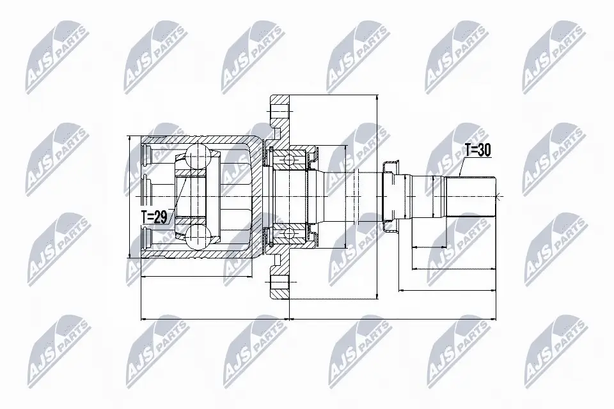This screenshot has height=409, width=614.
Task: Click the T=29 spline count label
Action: click(154, 217)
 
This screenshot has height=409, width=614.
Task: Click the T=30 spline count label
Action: click(478, 150)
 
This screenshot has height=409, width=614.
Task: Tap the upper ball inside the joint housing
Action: click(198, 156)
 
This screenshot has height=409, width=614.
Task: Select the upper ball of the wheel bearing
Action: click(289, 160)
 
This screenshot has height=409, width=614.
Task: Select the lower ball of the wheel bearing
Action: click(289, 233)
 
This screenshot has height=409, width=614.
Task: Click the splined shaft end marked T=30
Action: click(471, 196)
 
